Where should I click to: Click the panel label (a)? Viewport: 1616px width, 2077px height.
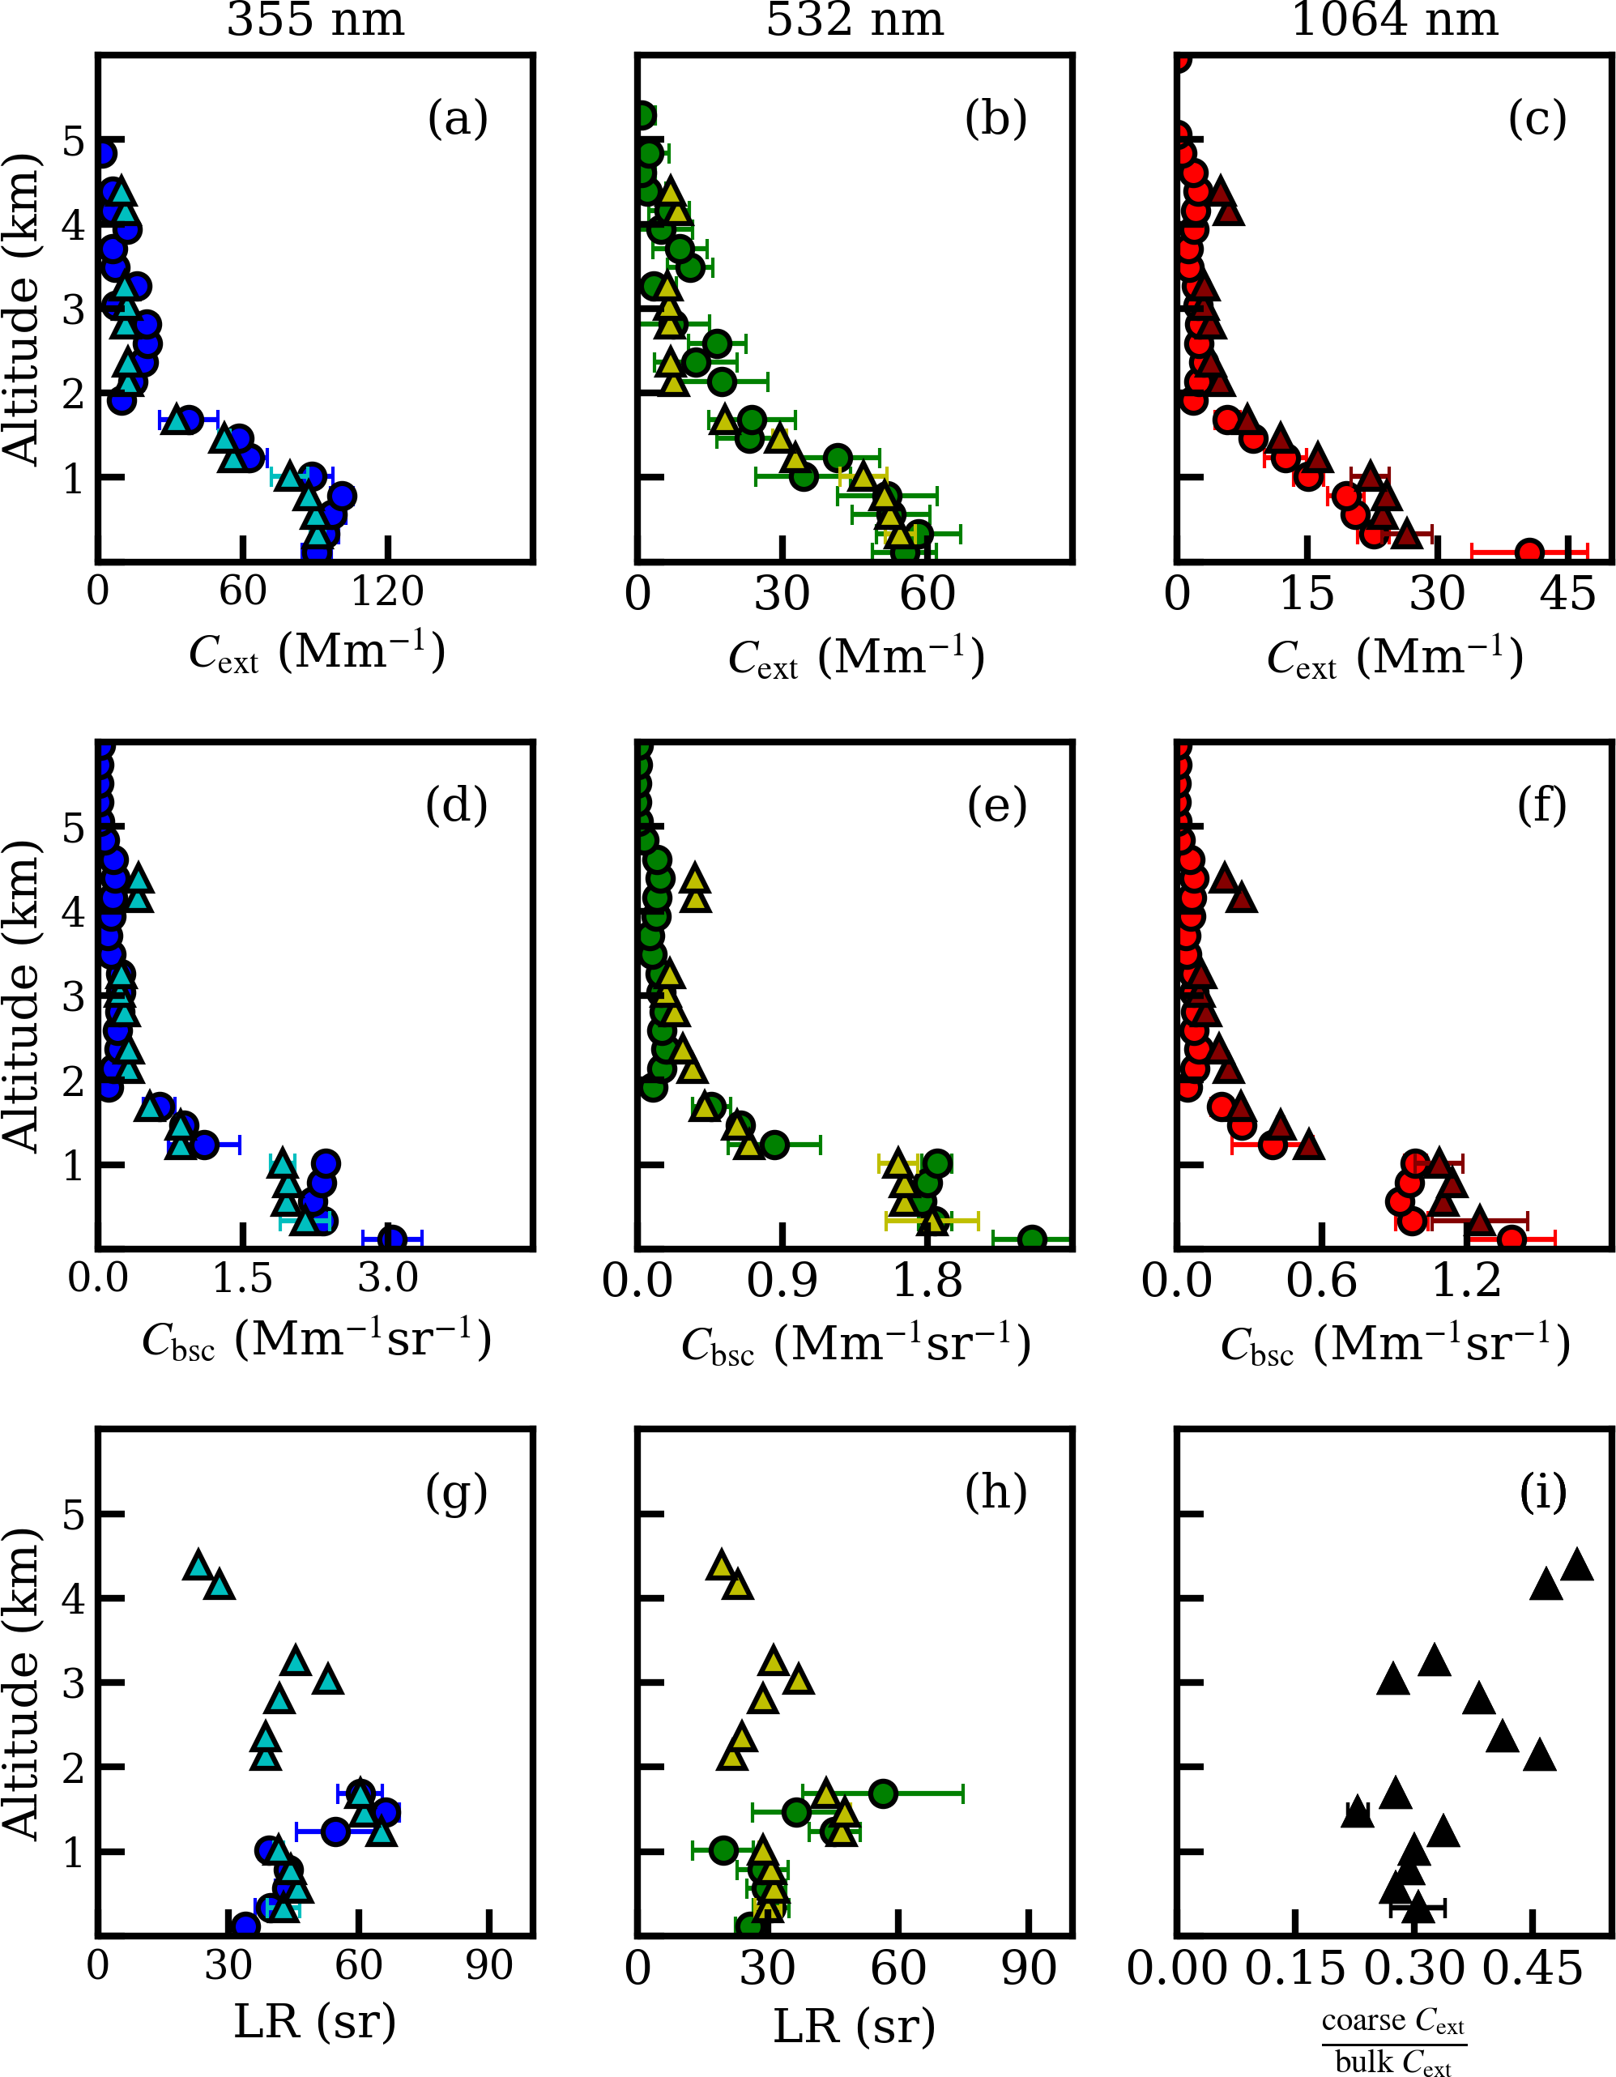pyautogui.click(x=458, y=119)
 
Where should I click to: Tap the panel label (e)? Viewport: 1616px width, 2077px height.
pyautogui.click(x=997, y=805)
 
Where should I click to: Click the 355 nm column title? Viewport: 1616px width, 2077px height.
pyautogui.click(x=316, y=19)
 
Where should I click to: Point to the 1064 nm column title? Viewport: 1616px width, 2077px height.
pyautogui.click(x=1394, y=19)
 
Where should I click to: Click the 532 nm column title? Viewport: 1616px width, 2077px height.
pyautogui.click(x=855, y=19)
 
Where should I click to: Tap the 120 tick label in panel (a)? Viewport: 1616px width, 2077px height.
pyautogui.click(x=387, y=592)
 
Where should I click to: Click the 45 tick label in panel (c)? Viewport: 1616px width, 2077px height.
pyautogui.click(x=1568, y=595)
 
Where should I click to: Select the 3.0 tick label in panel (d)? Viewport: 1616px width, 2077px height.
pyautogui.click(x=388, y=1279)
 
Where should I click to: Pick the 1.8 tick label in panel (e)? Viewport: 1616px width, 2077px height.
pyautogui.click(x=927, y=1281)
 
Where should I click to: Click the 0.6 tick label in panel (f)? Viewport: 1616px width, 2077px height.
pyautogui.click(x=1322, y=1281)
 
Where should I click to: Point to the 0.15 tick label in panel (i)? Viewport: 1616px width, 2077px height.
pyautogui.click(x=1295, y=1968)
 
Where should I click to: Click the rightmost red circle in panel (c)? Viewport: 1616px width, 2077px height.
pyautogui.click(x=1529, y=552)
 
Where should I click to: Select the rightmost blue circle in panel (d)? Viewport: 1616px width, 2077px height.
pyautogui.click(x=392, y=1239)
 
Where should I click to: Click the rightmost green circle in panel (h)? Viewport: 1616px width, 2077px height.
pyautogui.click(x=884, y=1793)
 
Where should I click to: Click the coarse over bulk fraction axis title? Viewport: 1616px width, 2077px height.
pyautogui.click(x=1393, y=2041)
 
